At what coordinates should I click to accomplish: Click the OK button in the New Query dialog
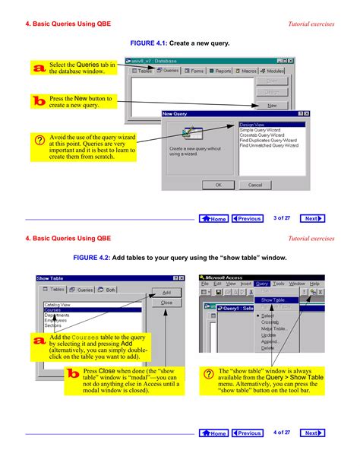point(218,184)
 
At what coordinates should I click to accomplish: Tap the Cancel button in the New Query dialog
point(255,184)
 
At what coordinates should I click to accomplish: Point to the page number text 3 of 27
point(283,218)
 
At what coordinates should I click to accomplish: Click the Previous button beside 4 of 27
point(247,433)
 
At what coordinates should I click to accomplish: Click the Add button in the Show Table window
point(166,292)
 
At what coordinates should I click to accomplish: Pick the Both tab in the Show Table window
point(107,290)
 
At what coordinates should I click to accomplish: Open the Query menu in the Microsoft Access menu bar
point(262,284)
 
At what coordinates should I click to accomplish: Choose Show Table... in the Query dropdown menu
point(273,300)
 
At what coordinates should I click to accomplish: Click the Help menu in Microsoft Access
point(315,284)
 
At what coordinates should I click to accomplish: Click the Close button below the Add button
point(166,303)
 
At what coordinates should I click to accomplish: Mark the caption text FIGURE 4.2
point(95,258)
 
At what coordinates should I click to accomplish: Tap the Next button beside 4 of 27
point(312,433)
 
